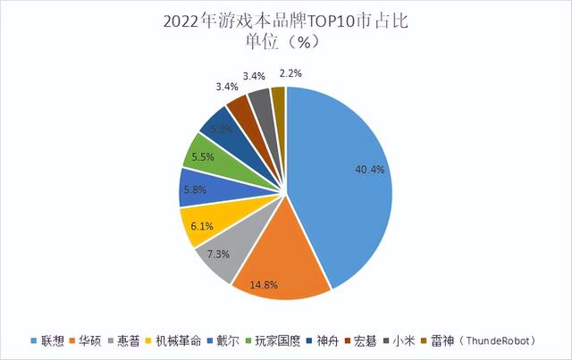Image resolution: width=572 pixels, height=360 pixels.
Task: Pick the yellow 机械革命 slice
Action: [x=199, y=224]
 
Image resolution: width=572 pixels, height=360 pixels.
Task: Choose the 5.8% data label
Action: [x=195, y=190]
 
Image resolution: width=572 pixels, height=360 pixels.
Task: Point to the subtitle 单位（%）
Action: [x=286, y=41]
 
